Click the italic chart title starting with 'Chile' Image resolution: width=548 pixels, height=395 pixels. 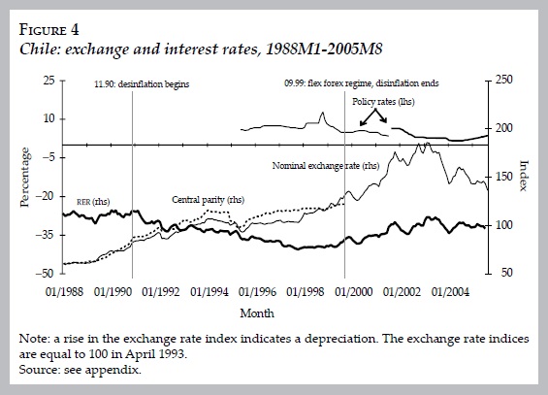[x=162, y=46]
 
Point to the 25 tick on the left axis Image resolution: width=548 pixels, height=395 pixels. [x=48, y=80]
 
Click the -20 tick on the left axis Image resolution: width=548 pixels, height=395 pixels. [x=45, y=196]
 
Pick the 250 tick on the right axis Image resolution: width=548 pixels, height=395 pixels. [x=504, y=80]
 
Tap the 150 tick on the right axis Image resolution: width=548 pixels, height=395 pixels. [x=504, y=177]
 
